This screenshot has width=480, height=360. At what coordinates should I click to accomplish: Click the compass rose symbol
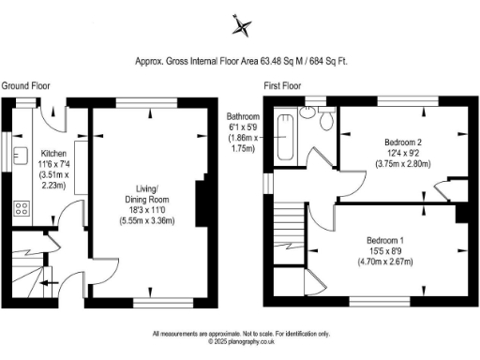click(242, 25)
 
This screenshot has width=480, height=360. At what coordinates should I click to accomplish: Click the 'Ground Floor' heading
click(24, 85)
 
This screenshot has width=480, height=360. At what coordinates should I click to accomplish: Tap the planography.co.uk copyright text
click(241, 342)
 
